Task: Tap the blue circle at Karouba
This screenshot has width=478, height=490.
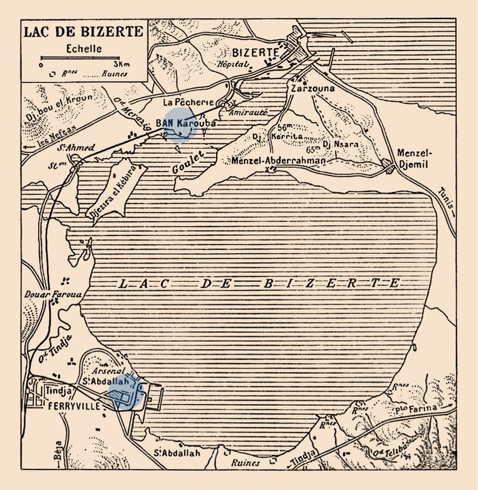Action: (x=180, y=124)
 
